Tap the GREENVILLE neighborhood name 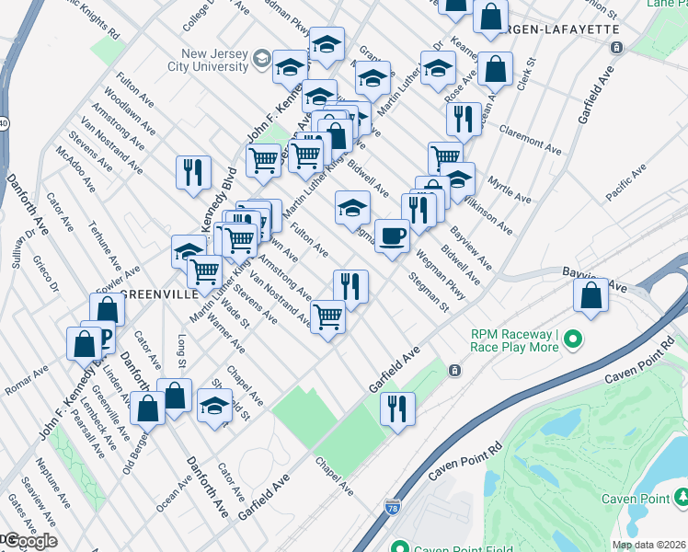tap(157, 294)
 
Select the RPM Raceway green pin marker tap(574, 340)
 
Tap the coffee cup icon tap(393, 236)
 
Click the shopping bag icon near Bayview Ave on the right tap(590, 295)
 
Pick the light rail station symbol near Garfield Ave tap(453, 371)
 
